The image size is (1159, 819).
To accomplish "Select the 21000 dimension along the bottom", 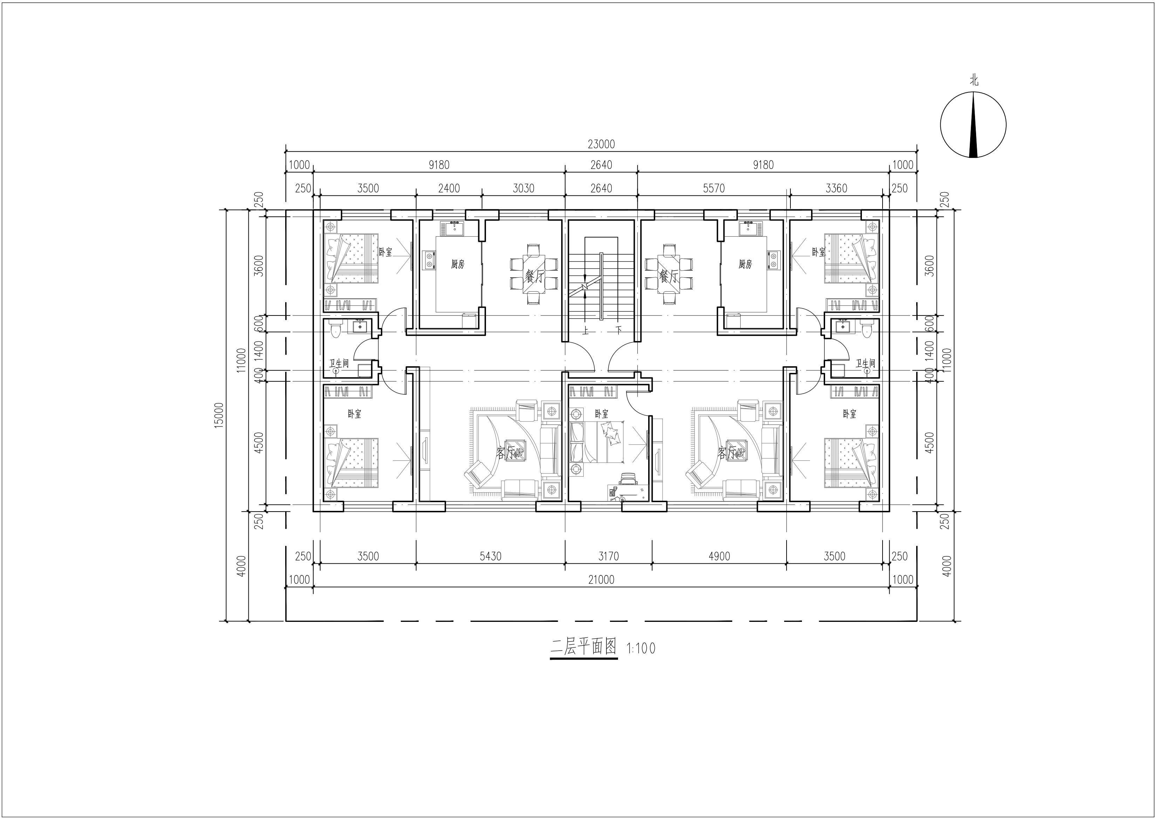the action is pos(601,580).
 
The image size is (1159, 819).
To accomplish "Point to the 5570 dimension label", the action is pos(714,189).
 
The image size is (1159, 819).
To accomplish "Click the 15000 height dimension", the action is pos(219,415).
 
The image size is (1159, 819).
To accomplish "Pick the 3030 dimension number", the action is pos(523,189).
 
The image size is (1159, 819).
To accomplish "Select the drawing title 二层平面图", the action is pos(584,647).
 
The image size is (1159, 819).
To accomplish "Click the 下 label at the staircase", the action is pos(618,331).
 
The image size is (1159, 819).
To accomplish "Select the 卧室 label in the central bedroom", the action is pos(601,414).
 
